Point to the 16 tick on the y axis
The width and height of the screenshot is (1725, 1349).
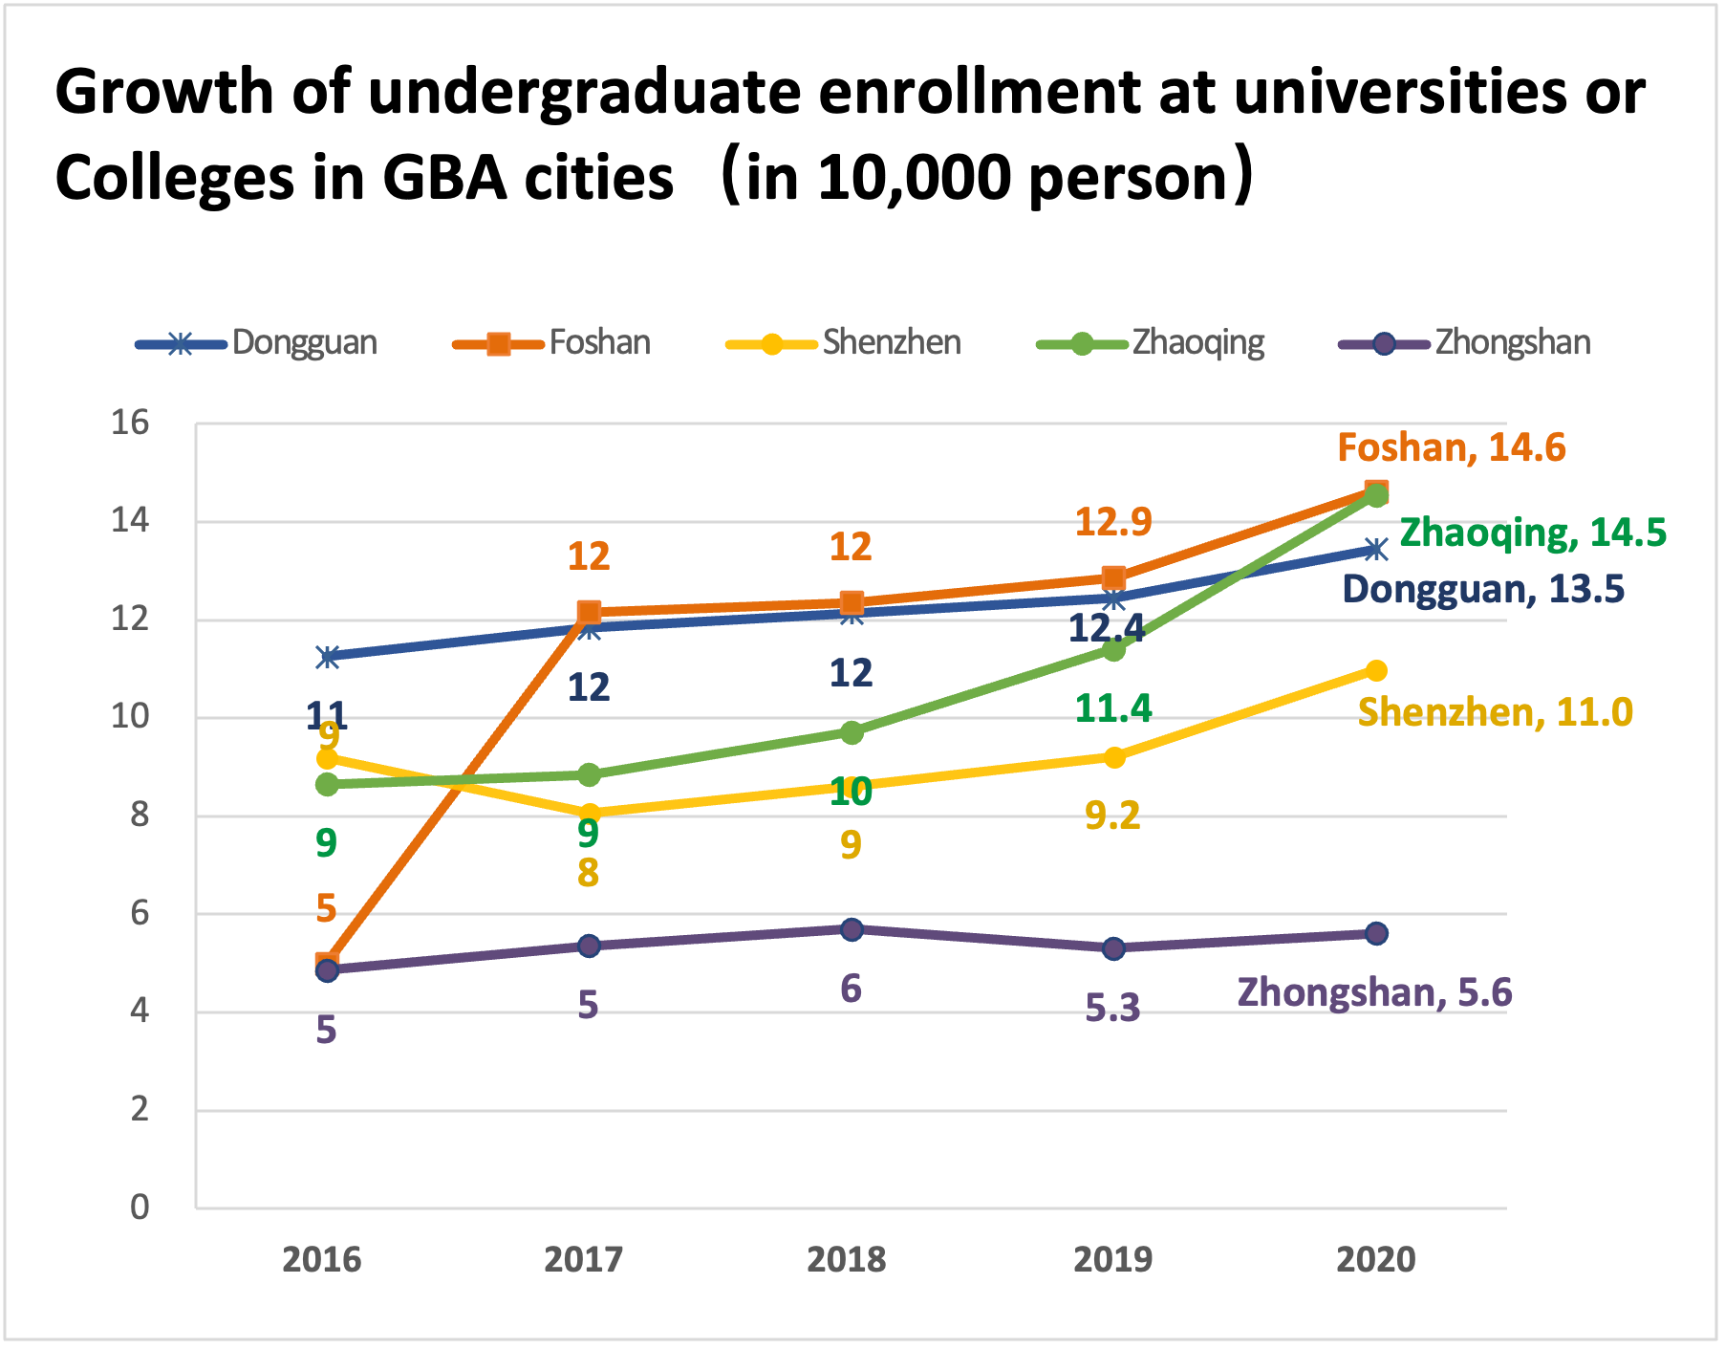tap(131, 423)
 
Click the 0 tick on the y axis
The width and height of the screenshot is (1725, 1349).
tap(140, 1208)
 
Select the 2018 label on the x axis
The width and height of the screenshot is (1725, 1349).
tap(847, 1260)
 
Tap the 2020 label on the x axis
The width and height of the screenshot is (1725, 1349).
tap(1375, 1260)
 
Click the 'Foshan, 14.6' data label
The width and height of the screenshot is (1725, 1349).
tap(1451, 447)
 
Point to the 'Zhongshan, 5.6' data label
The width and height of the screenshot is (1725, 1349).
tap(1374, 993)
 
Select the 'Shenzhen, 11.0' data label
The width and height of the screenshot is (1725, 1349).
tap(1495, 712)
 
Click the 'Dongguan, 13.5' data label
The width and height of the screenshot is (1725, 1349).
tap(1483, 589)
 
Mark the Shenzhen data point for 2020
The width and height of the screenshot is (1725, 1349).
tap(1376, 670)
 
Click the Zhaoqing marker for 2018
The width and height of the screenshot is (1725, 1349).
tap(852, 732)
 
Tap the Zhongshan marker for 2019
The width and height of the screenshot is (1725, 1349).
tap(1113, 948)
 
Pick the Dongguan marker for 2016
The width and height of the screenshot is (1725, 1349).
tap(328, 657)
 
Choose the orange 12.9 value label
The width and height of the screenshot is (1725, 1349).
tap(1113, 522)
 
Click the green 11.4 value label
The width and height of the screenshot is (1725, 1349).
tap(1113, 708)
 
